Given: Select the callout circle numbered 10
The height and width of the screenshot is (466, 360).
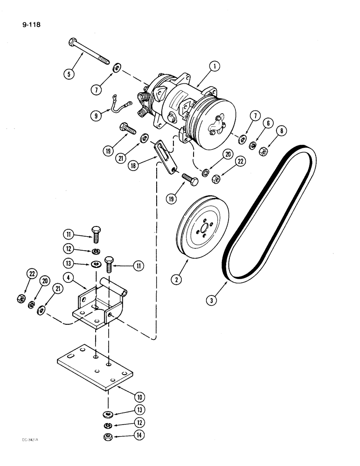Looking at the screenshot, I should pyautogui.click(x=139, y=397).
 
